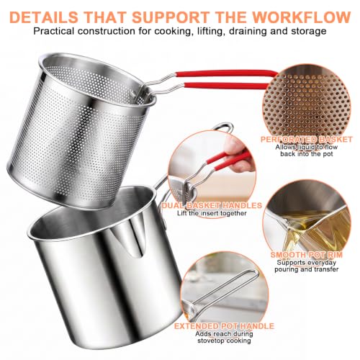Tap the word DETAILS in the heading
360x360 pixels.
(44, 17)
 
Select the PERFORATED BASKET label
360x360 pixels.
(307, 140)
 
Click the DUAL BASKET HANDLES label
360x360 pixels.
(212, 205)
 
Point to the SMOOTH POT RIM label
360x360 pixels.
(307, 255)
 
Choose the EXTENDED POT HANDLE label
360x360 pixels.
(224, 326)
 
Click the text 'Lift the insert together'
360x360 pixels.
(212, 213)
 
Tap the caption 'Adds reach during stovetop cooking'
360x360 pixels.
(224, 337)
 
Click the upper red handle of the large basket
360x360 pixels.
(225, 73)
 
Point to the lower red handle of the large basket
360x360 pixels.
(225, 85)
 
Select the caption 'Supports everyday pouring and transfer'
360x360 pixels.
(307, 266)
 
